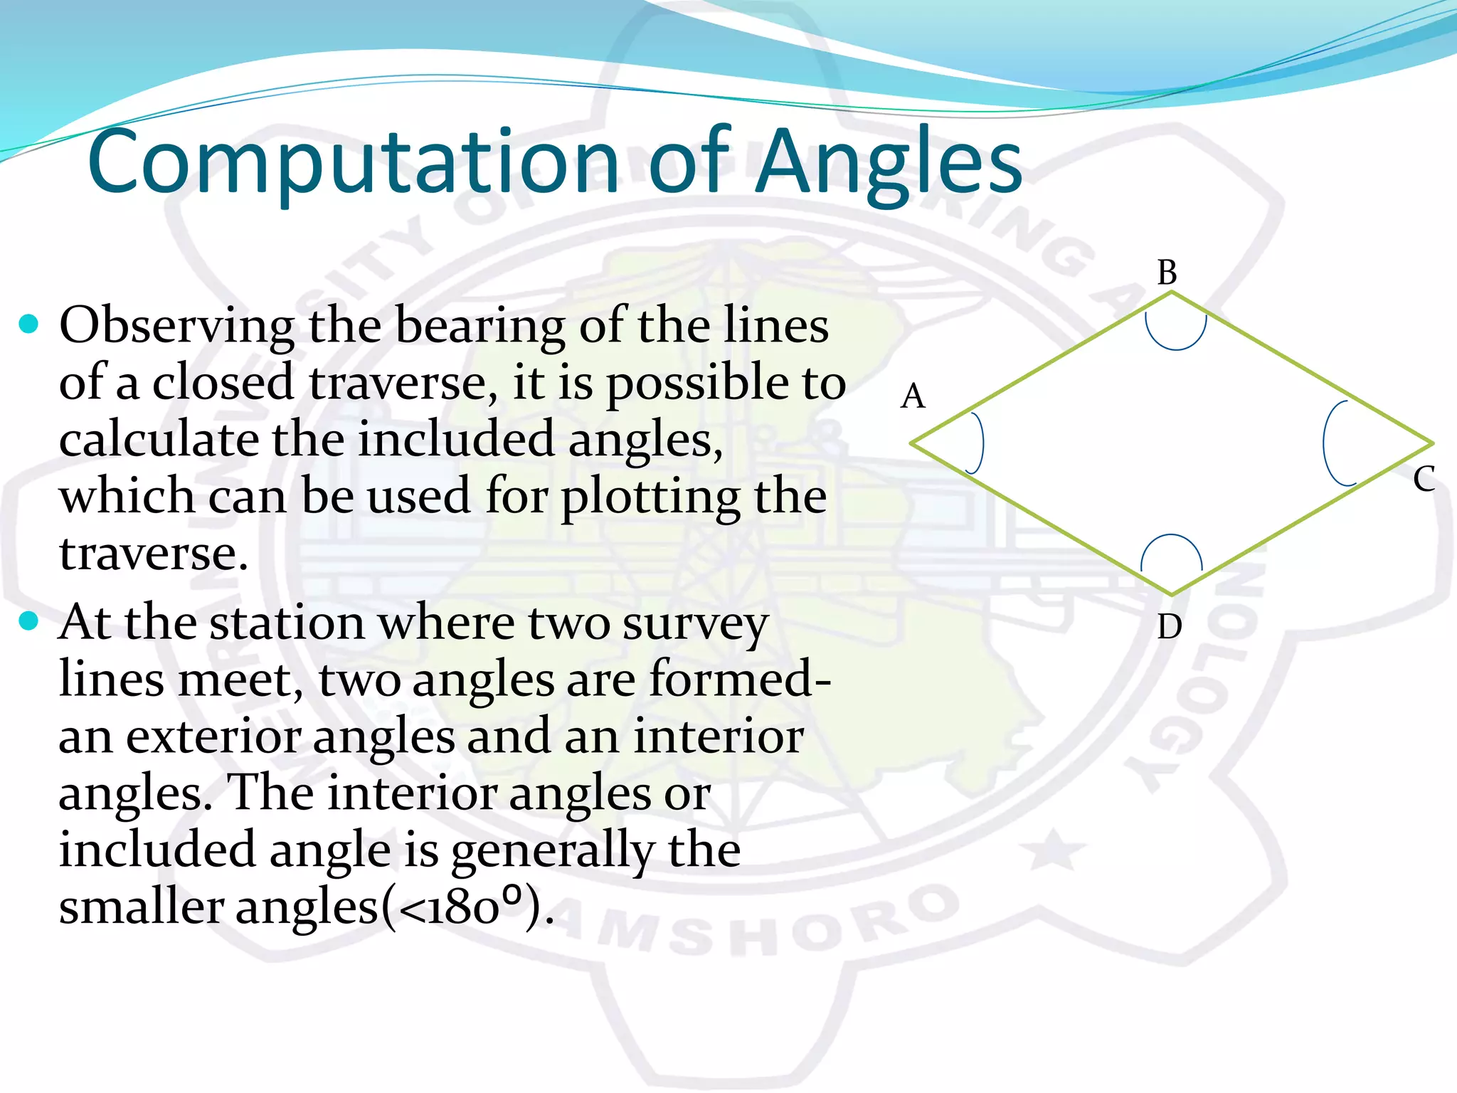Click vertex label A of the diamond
point(913,396)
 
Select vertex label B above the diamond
point(1167,273)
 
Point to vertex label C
point(1424,479)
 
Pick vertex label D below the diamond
point(1169,627)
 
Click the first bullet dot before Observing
point(28,324)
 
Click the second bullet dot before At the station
point(28,621)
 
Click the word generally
point(553,851)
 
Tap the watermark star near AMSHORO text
point(1054,850)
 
